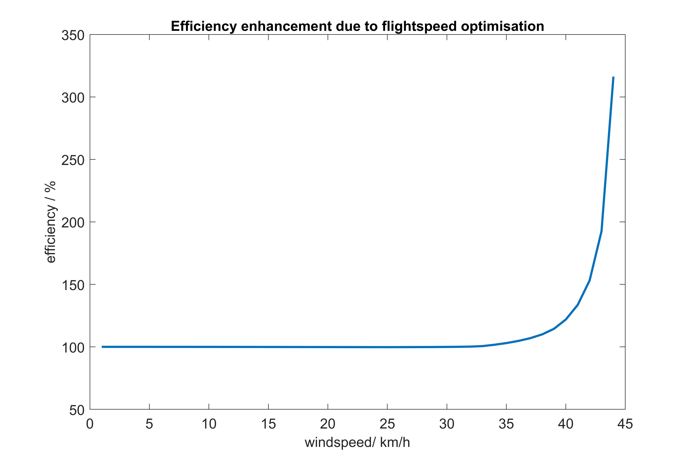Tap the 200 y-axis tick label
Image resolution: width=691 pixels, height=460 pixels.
click(x=73, y=223)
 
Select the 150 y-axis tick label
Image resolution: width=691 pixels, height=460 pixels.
click(x=73, y=285)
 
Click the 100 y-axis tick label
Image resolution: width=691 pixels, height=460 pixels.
click(x=73, y=348)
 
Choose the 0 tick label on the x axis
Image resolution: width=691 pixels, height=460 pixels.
click(x=90, y=424)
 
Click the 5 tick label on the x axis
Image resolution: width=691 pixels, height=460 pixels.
click(x=149, y=424)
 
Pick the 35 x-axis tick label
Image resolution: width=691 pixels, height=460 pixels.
click(x=506, y=424)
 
